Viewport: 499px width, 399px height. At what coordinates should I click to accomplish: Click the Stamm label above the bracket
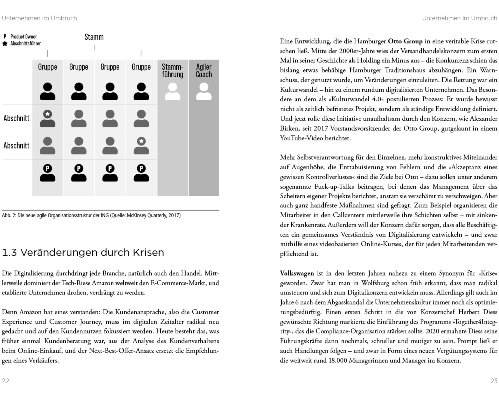pyautogui.click(x=94, y=37)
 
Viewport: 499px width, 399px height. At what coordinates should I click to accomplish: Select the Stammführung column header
pyautogui.click(x=173, y=71)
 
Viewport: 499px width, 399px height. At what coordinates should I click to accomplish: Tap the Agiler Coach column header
pyautogui.click(x=204, y=71)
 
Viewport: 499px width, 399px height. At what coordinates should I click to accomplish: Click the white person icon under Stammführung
pyautogui.click(x=173, y=91)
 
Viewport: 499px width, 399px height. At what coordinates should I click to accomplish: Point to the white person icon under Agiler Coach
pyautogui.click(x=204, y=91)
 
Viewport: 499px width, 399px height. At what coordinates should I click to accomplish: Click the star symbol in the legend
pyautogui.click(x=5, y=43)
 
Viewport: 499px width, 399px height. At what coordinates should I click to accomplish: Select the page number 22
pyautogui.click(x=6, y=381)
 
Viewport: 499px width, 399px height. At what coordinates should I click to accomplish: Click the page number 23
pyautogui.click(x=493, y=381)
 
